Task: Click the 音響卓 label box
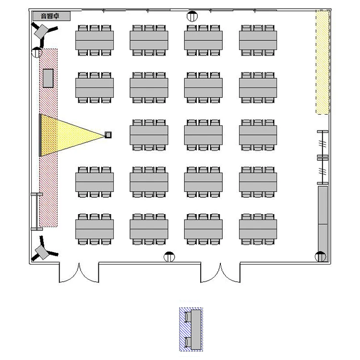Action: (x=51, y=16)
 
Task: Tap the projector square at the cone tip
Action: (x=108, y=135)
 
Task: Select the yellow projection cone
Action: (x=72, y=135)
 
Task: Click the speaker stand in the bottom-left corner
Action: (x=43, y=249)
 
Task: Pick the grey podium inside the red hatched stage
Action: (x=48, y=78)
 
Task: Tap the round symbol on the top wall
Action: (x=192, y=16)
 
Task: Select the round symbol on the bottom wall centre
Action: (x=169, y=257)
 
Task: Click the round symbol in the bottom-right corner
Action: (x=321, y=257)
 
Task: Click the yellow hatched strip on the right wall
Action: (x=323, y=62)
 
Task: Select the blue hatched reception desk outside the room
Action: (x=191, y=329)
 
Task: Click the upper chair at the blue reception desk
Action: (x=188, y=317)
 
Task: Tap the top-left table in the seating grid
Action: (x=95, y=40)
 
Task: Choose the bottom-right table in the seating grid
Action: (x=258, y=229)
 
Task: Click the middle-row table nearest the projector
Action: (x=149, y=135)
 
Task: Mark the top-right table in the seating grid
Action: (x=258, y=40)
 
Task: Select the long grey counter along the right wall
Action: (x=323, y=222)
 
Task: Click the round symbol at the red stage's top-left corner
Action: (x=37, y=52)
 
